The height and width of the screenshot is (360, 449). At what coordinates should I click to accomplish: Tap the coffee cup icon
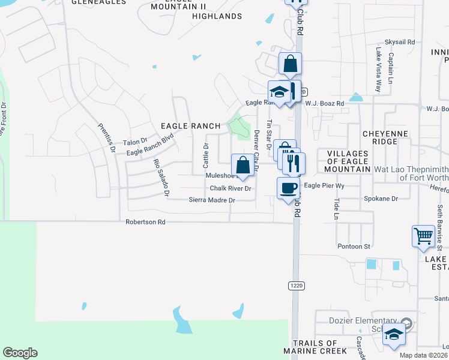tap(288, 188)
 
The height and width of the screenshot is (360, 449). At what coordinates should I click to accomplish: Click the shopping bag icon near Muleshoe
tap(243, 165)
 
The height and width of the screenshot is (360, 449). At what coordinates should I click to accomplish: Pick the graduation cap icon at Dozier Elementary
tap(393, 334)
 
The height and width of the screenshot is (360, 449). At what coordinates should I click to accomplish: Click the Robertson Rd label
tap(145, 222)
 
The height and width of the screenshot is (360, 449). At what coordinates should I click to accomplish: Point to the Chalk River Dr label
tap(229, 188)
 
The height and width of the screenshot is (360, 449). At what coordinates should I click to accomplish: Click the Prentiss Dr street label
tap(107, 138)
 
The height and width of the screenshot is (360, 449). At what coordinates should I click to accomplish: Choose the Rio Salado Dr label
tap(161, 178)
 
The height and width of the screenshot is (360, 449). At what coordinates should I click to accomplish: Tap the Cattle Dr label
tap(206, 155)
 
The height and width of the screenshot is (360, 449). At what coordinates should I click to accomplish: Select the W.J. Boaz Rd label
tap(324, 104)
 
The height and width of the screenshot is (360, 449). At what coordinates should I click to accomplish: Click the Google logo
tap(20, 353)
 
